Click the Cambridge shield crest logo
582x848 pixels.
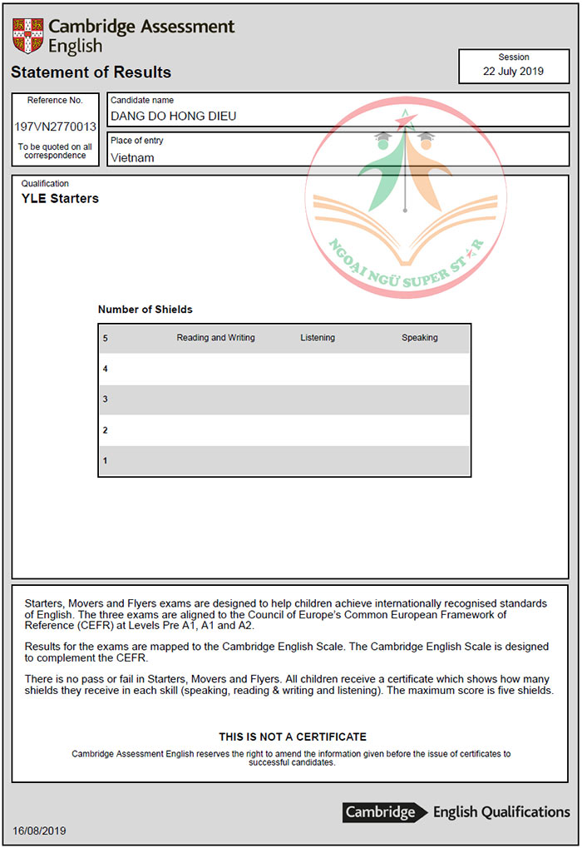pyautogui.click(x=27, y=36)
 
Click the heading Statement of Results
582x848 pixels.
pyautogui.click(x=91, y=72)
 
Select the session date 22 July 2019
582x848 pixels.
pyautogui.click(x=513, y=72)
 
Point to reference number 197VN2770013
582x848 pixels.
pyautogui.click(x=55, y=127)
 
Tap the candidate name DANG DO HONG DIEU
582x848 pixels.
pyautogui.click(x=173, y=117)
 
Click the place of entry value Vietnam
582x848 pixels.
pyautogui.click(x=132, y=157)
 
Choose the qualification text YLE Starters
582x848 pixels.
pyautogui.click(x=60, y=199)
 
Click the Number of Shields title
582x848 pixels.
pyautogui.click(x=145, y=310)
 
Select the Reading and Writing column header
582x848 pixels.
pyautogui.click(x=215, y=338)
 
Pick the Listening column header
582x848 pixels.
pyautogui.click(x=318, y=338)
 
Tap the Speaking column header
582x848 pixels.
pyautogui.click(x=419, y=338)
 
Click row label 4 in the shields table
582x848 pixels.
pyautogui.click(x=106, y=369)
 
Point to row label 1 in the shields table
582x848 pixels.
pyautogui.click(x=106, y=461)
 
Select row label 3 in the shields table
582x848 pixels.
pyautogui.click(x=106, y=399)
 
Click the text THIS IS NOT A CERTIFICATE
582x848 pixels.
pyautogui.click(x=292, y=737)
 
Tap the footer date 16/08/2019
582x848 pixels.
pyautogui.click(x=39, y=831)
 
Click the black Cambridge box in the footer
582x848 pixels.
pyautogui.click(x=381, y=812)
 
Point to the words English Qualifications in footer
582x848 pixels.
pyautogui.click(x=501, y=812)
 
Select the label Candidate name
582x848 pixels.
pyautogui.click(x=142, y=101)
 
